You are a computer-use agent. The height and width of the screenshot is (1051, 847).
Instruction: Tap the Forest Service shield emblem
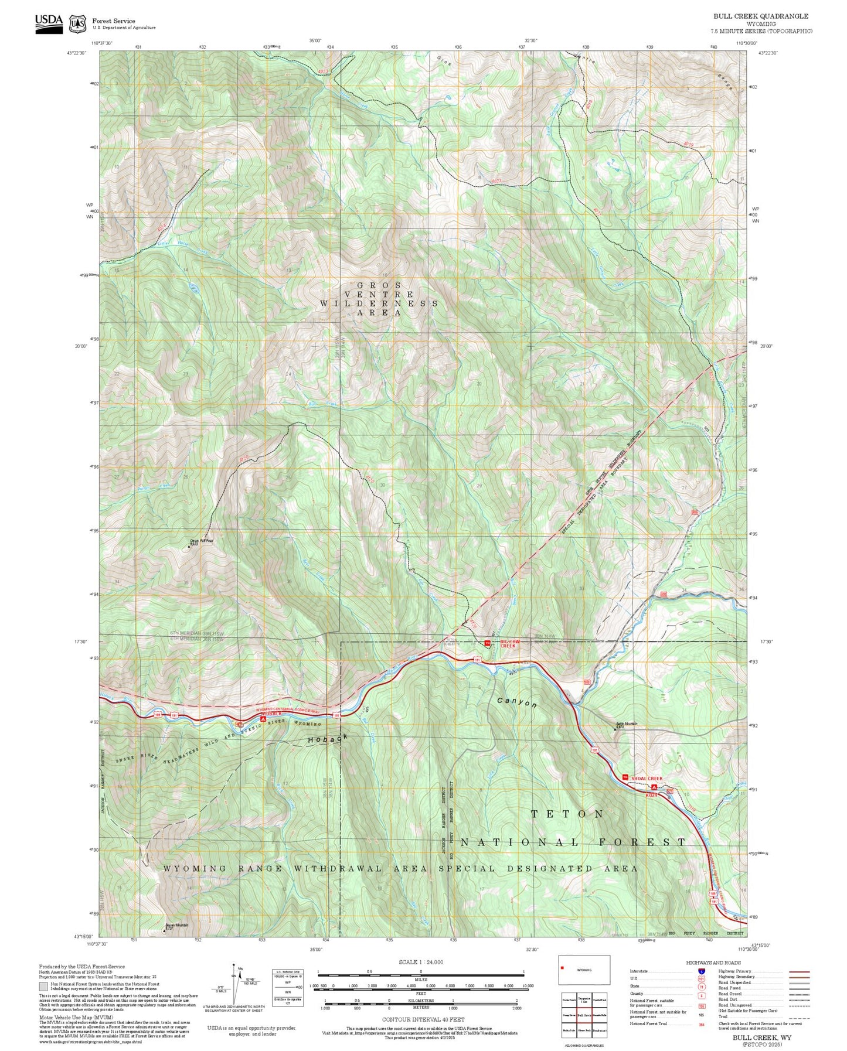pos(77,24)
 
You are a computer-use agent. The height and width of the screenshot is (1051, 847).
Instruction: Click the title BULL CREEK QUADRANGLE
pos(760,16)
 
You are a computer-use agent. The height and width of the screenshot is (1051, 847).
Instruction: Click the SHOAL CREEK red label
pos(647,778)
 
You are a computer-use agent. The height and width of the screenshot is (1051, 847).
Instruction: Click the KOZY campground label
pos(651,795)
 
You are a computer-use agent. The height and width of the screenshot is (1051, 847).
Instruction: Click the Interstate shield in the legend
pos(701,971)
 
